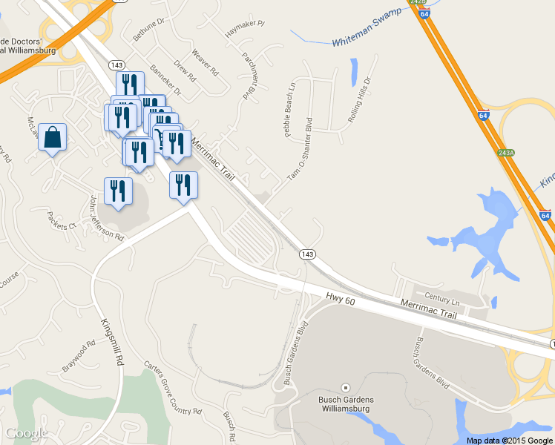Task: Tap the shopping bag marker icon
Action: (x=52, y=138)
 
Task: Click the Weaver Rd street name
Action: (x=204, y=63)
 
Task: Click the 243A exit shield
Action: (x=506, y=152)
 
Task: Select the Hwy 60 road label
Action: (x=341, y=298)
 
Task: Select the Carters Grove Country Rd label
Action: (x=172, y=389)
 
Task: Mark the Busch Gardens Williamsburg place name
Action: (x=345, y=406)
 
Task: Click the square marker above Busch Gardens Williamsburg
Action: (x=344, y=388)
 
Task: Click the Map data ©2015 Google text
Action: (x=510, y=440)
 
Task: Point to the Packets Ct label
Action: (x=62, y=221)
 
